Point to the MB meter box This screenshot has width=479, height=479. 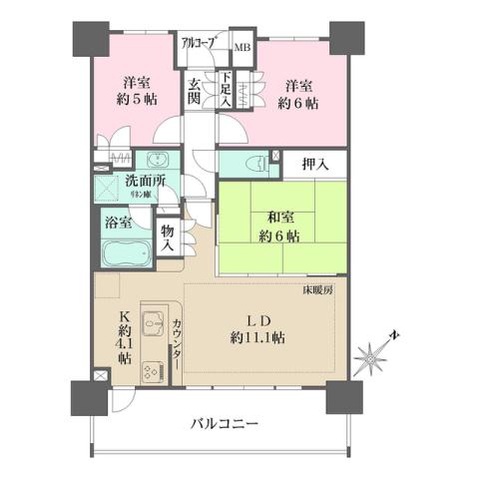tap(241, 46)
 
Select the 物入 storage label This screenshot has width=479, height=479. tap(168, 237)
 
